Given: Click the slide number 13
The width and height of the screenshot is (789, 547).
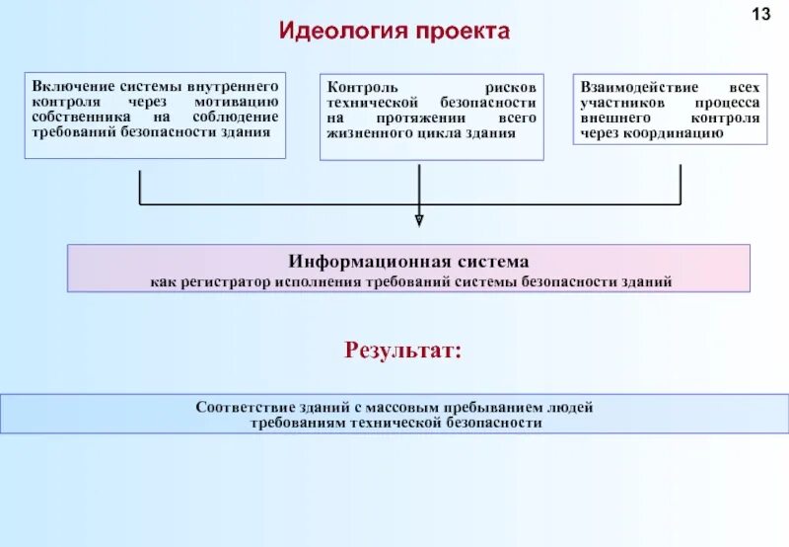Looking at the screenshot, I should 760,15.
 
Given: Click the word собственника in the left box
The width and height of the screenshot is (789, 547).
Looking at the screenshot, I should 80,117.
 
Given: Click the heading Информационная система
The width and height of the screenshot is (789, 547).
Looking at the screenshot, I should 408,262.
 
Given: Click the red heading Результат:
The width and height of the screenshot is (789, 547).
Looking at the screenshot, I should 401,350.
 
